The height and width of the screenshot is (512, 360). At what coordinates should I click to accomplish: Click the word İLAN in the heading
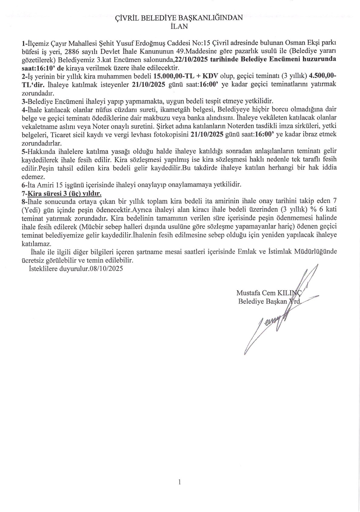pos(179,26)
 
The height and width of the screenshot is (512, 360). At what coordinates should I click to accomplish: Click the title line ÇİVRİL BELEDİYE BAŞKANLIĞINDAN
pos(179,18)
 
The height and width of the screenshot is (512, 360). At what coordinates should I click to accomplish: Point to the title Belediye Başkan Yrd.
pos(269,301)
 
